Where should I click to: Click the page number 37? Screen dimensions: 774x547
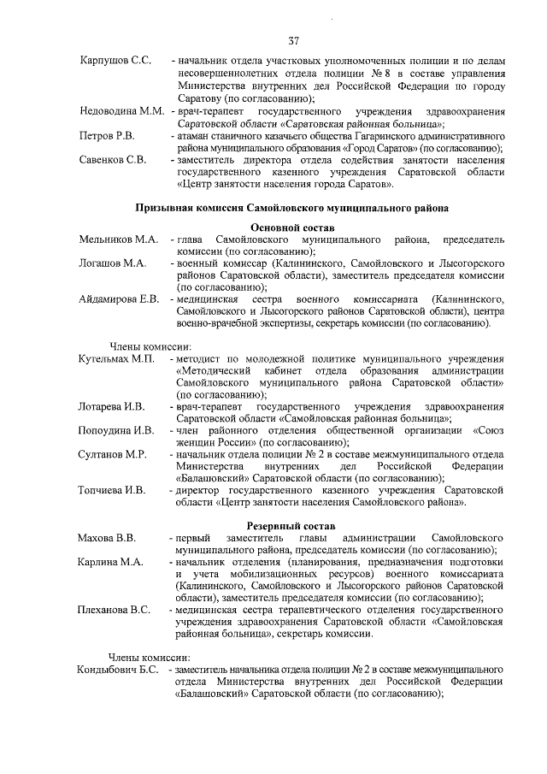tap(293, 40)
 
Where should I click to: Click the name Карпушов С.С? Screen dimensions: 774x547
tap(115, 62)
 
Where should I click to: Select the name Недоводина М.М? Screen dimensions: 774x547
tap(121, 112)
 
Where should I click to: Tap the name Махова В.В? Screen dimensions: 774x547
tap(107, 537)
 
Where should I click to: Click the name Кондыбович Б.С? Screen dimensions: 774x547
tap(119, 669)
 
